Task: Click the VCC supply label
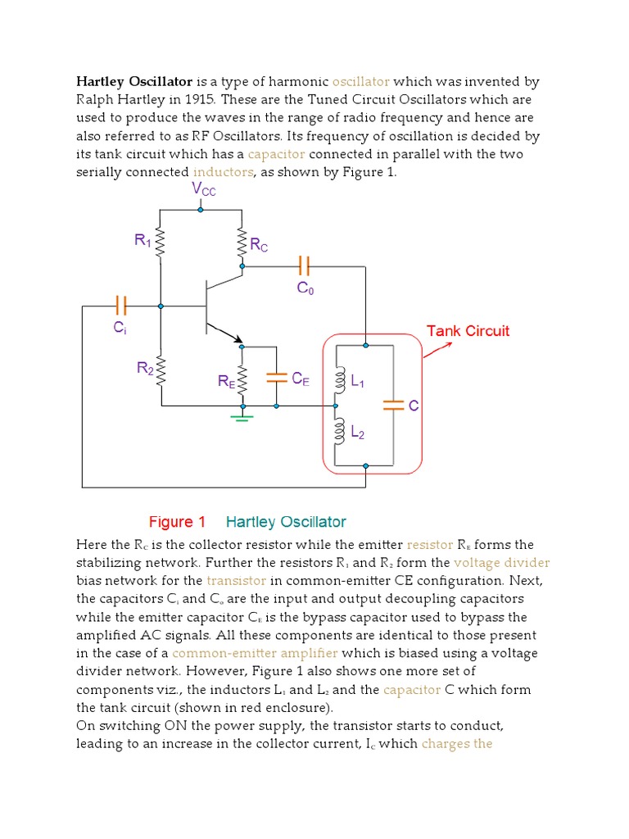pyautogui.click(x=204, y=189)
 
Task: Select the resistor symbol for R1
pyautogui.click(x=161, y=243)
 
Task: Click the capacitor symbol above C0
pyautogui.click(x=304, y=265)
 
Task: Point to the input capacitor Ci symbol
pyautogui.click(x=121, y=306)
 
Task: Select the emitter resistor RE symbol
pyautogui.click(x=242, y=378)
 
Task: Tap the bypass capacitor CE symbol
pyautogui.click(x=277, y=378)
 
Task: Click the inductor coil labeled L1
pyautogui.click(x=337, y=380)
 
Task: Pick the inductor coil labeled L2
pyautogui.click(x=337, y=431)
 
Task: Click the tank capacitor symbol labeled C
pyautogui.click(x=394, y=405)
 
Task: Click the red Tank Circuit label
pyautogui.click(x=468, y=331)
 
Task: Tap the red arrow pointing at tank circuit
pyautogui.click(x=439, y=351)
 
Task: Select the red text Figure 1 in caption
pyautogui.click(x=177, y=522)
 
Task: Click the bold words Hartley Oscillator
pyautogui.click(x=134, y=82)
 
